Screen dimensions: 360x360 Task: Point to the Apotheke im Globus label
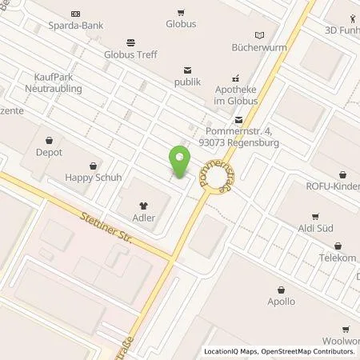(235, 95)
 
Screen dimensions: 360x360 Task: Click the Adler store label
(145, 217)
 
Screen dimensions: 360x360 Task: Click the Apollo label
(281, 302)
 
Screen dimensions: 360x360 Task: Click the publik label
(188, 82)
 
